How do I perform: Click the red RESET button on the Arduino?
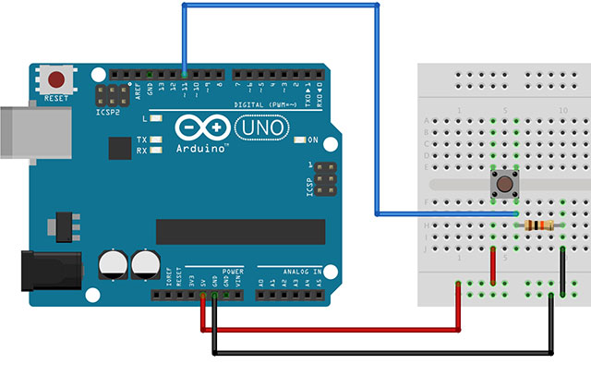(x=59, y=79)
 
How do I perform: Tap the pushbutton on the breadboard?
(x=505, y=183)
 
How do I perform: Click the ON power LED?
(x=301, y=140)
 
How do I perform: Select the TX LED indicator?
(x=157, y=139)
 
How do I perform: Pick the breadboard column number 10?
(x=562, y=111)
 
